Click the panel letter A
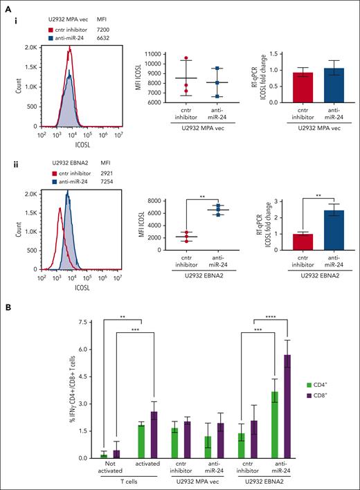tap(6, 7)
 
